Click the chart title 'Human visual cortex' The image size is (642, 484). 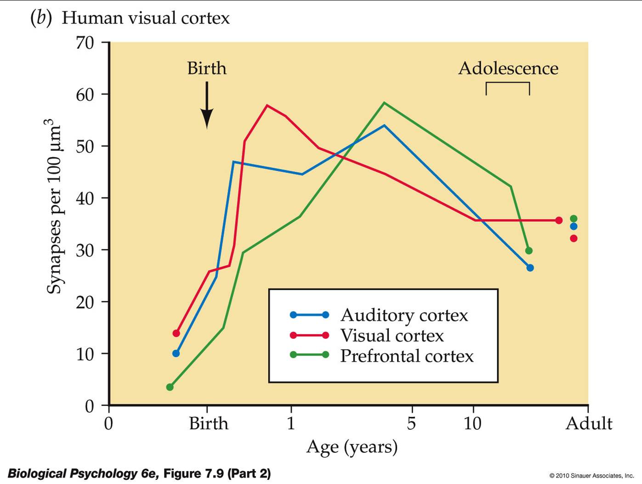click(x=145, y=18)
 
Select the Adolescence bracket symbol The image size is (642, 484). click(x=508, y=87)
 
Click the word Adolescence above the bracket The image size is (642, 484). click(x=508, y=68)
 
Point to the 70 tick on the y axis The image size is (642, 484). click(x=85, y=43)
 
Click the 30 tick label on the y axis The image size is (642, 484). click(x=85, y=250)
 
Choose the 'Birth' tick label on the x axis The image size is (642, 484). click(x=208, y=423)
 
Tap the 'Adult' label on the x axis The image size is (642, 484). click(x=589, y=423)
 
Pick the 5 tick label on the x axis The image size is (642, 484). click(x=411, y=423)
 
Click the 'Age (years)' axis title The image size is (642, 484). click(x=352, y=447)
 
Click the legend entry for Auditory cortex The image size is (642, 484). click(x=404, y=315)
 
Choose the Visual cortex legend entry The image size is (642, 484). click(x=392, y=335)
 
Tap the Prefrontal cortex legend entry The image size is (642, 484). click(x=406, y=356)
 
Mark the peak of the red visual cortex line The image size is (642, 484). click(x=267, y=105)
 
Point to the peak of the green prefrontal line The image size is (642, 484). click(x=384, y=103)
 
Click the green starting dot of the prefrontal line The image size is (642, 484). click(x=170, y=387)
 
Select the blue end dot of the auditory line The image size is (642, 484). click(x=530, y=268)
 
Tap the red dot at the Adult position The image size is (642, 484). click(x=574, y=238)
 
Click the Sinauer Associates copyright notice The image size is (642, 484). click(x=591, y=476)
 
